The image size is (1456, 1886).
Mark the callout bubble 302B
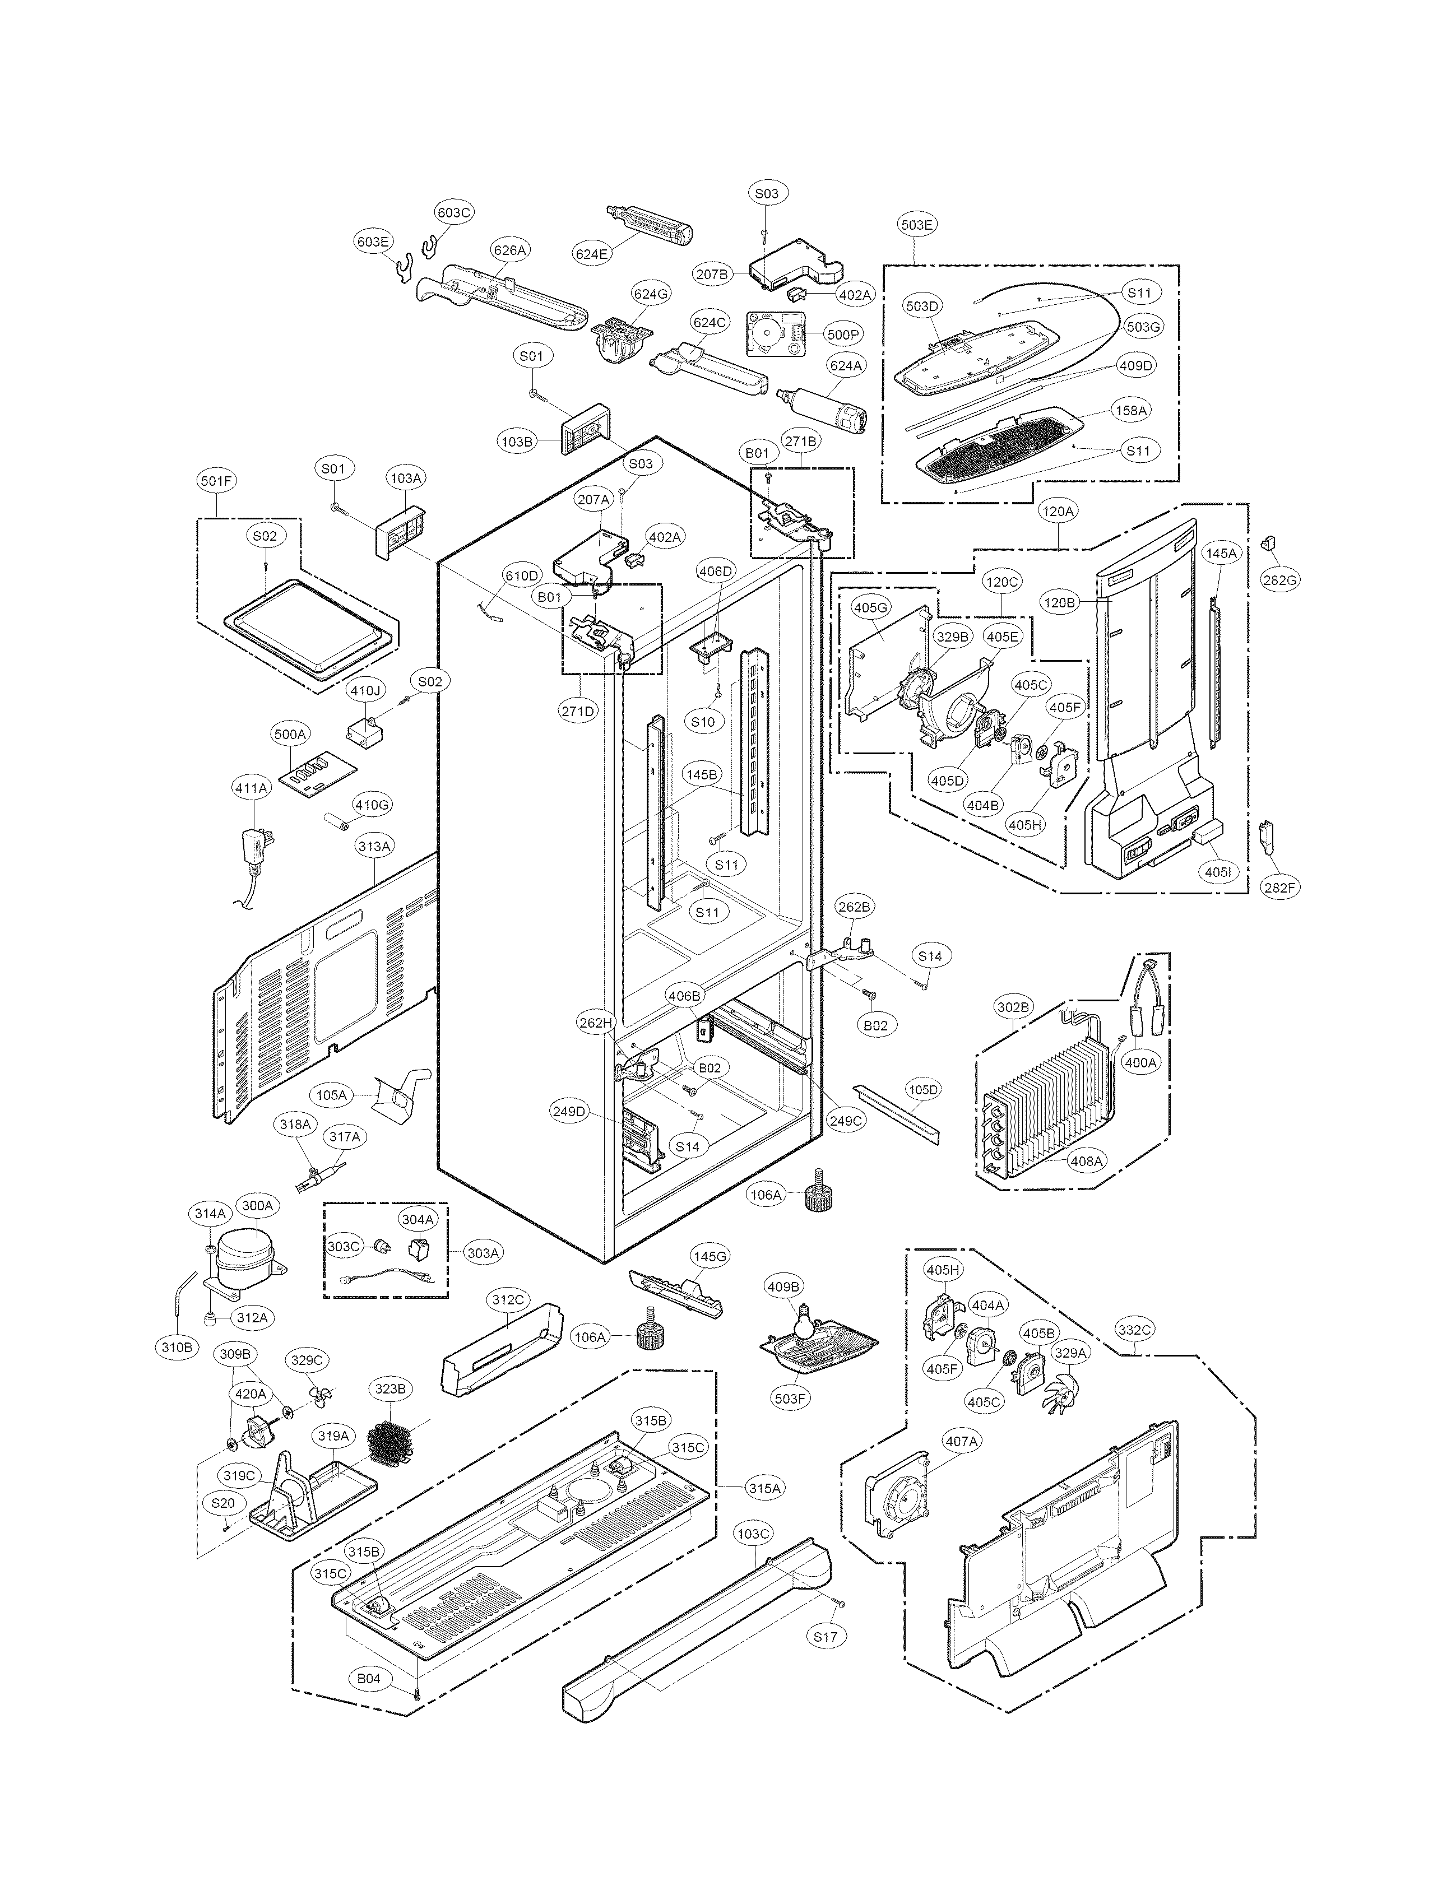1014,1007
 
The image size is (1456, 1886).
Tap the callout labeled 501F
217,481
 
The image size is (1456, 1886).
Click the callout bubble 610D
522,575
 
